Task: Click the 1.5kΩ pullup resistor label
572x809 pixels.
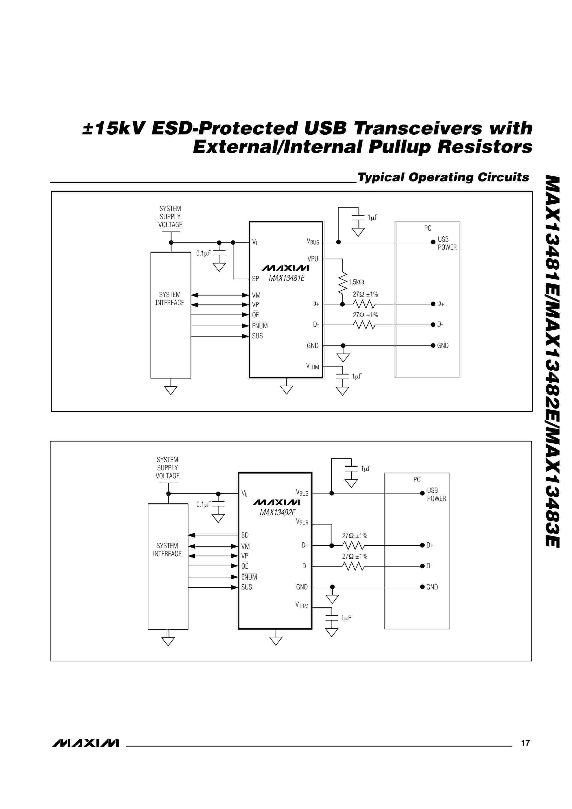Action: point(356,282)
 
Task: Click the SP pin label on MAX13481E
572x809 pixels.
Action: point(255,279)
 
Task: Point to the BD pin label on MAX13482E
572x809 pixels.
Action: point(245,535)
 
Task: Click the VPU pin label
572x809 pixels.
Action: point(313,259)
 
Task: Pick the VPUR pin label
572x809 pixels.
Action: point(302,522)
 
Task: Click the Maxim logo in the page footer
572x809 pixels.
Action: point(86,743)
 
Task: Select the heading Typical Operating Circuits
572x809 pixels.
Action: point(443,177)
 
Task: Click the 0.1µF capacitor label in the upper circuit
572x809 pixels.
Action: point(203,253)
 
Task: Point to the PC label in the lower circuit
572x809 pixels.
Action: point(417,479)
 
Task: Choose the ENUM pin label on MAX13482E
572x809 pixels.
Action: point(249,577)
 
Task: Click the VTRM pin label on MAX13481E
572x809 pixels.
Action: point(312,366)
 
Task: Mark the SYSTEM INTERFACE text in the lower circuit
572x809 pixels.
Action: point(167,550)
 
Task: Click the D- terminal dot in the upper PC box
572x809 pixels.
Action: point(433,324)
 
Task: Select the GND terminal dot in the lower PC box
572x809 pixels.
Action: point(422,587)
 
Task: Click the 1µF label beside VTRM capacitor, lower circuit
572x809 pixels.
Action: point(346,618)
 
